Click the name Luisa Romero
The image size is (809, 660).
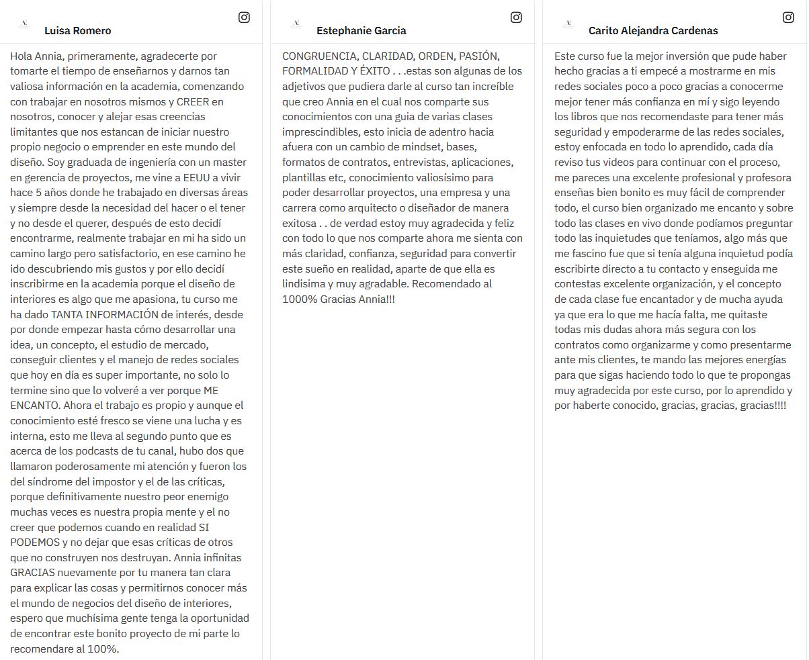tap(77, 30)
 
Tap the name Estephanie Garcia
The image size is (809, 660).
tap(361, 30)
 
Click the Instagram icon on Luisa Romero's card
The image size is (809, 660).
tap(244, 17)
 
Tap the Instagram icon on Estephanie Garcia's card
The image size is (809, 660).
tap(516, 17)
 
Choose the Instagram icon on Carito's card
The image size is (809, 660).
tap(788, 17)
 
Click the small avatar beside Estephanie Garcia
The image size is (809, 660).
tap(296, 23)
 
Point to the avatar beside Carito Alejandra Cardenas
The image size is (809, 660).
tap(568, 23)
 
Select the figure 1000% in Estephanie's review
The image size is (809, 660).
tap(298, 299)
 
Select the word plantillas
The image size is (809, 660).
tap(304, 177)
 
